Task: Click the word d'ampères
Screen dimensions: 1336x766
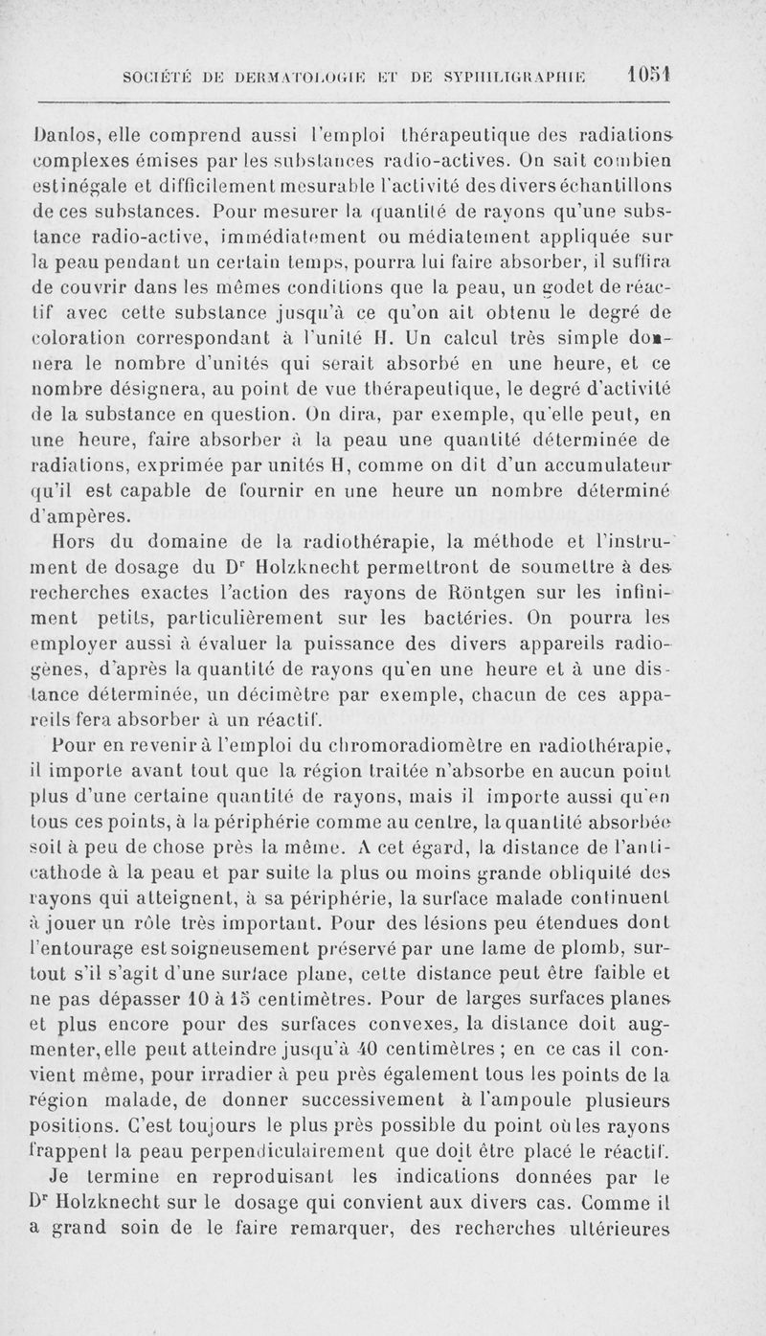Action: [x=82, y=518]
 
